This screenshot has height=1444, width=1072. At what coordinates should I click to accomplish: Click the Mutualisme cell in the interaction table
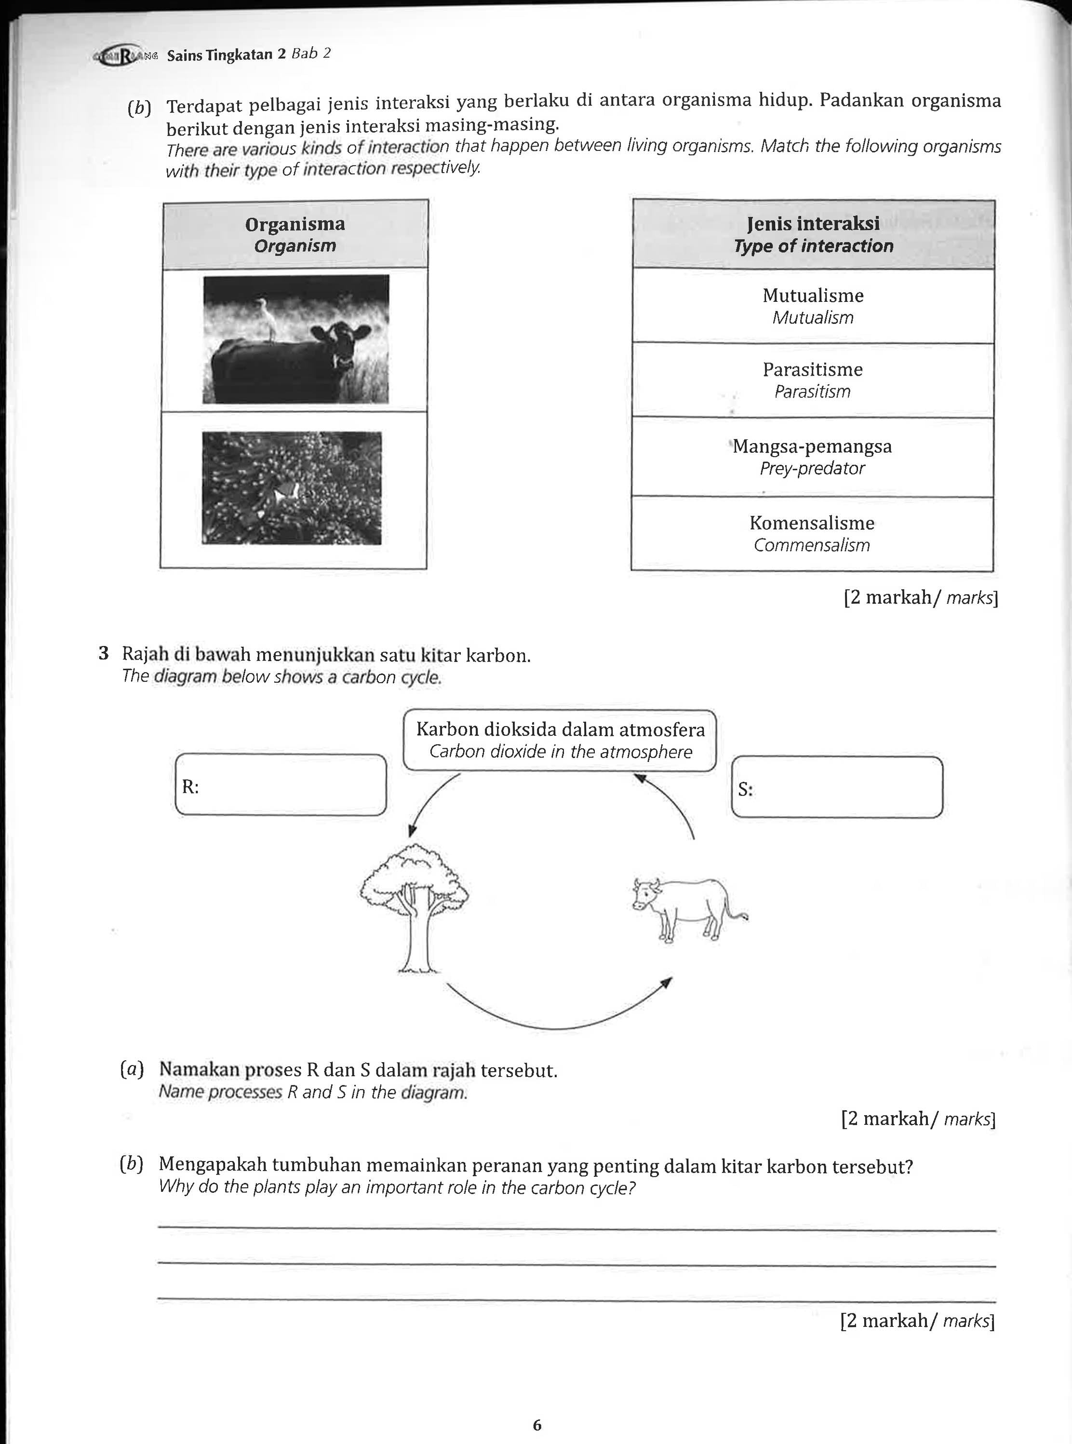813,306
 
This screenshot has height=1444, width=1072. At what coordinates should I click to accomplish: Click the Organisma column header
295,234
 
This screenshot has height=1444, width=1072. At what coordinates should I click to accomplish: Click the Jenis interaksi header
813,234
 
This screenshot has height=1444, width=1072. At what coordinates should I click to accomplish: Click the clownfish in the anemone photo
285,493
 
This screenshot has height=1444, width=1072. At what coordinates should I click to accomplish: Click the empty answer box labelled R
281,784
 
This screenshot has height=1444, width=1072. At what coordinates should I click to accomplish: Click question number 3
103,653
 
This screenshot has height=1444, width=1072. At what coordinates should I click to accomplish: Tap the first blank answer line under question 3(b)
576,1228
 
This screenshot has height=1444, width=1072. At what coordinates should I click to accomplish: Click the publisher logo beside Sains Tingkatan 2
127,56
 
